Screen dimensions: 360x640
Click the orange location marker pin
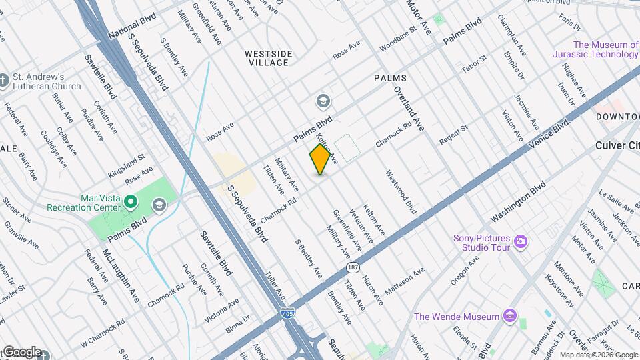(320, 159)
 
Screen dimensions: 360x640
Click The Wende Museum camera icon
(511, 315)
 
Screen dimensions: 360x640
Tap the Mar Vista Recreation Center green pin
(131, 200)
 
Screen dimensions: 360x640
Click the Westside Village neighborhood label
(267, 58)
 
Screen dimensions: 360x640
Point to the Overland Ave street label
(409, 107)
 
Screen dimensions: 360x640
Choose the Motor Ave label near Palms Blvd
(419, 18)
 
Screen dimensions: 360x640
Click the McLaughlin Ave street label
(120, 275)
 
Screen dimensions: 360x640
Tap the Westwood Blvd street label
(401, 192)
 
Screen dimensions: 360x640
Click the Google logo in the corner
(22, 352)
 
